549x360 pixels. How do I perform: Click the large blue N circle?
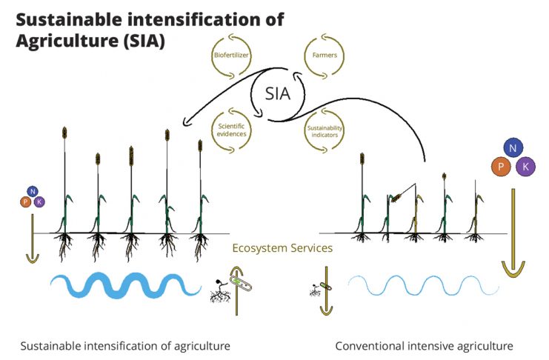click(513, 148)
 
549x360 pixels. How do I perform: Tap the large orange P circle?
click(501, 167)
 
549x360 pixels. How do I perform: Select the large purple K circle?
click(525, 167)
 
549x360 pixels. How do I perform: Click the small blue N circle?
click(33, 191)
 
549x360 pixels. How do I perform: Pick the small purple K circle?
click(39, 201)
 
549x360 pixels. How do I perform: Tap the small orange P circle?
click(25, 201)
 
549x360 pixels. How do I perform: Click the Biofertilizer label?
click(231, 55)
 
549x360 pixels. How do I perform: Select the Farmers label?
click(325, 55)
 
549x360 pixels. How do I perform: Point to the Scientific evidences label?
click(231, 130)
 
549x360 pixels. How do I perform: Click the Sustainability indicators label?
click(325, 131)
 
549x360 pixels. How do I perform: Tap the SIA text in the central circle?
click(278, 94)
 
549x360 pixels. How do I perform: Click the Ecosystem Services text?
click(282, 248)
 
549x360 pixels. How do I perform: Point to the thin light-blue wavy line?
click(424, 285)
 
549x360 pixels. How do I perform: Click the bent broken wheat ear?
click(396, 199)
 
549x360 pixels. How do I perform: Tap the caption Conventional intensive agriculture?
click(424, 346)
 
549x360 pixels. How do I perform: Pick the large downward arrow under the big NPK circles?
click(513, 233)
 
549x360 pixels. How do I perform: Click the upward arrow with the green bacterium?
click(236, 290)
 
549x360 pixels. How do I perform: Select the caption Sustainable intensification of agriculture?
click(125, 346)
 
